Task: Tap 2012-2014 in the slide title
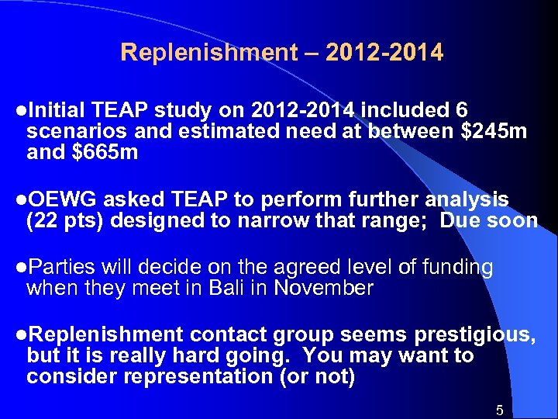click(384, 53)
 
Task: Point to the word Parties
click(60, 268)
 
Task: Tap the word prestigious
click(475, 335)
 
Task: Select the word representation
click(179, 377)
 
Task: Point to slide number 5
click(500, 410)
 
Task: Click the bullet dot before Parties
click(21, 268)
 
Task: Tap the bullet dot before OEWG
click(21, 200)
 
